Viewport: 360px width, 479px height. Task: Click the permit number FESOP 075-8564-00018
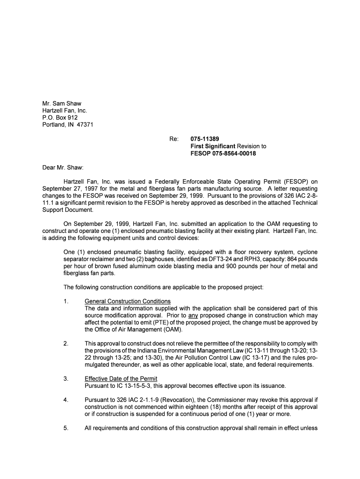pyautogui.click(x=223, y=153)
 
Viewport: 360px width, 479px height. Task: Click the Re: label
pyautogui.click(x=174, y=139)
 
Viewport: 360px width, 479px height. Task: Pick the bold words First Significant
pyautogui.click(x=213, y=146)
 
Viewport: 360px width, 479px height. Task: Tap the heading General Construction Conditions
pyautogui.click(x=127, y=301)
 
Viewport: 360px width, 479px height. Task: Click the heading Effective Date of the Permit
pyautogui.click(x=121, y=378)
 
